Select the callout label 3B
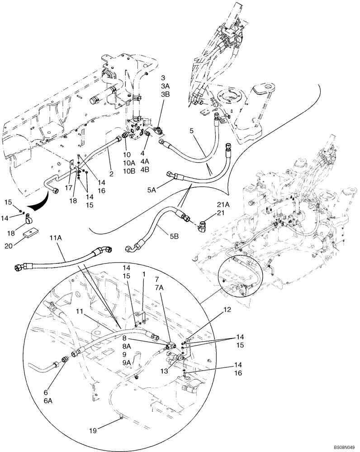[x=166, y=94]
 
